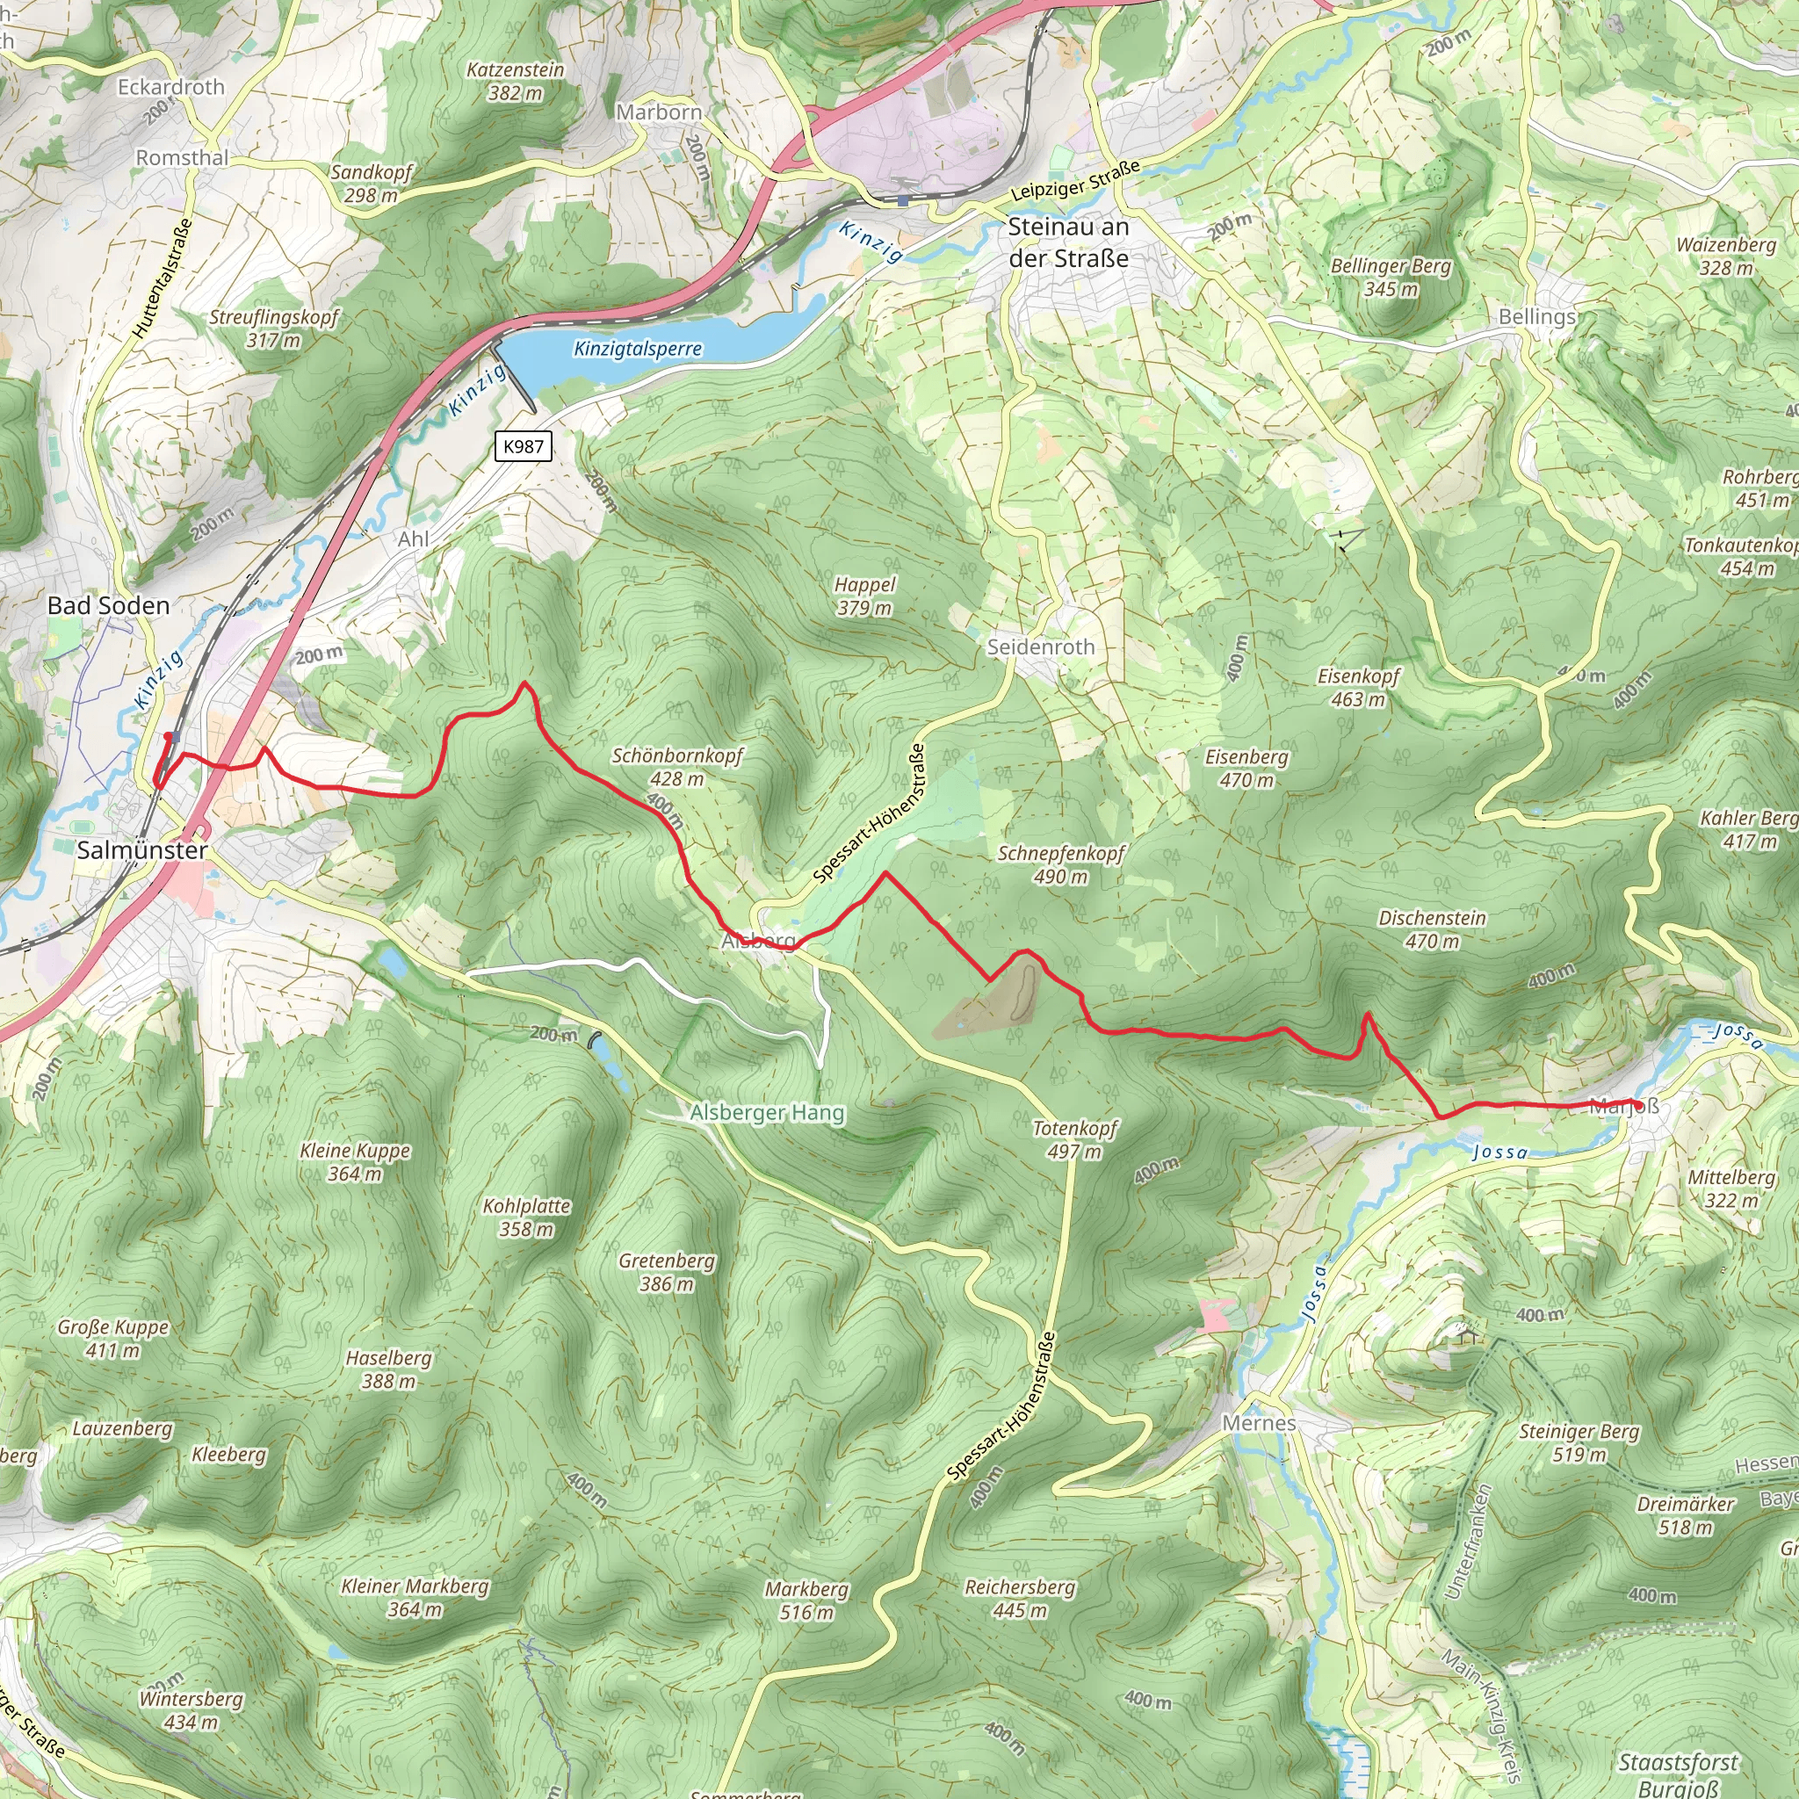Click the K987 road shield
pos(523,446)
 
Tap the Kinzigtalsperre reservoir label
pos(638,350)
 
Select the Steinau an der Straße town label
pos(1068,242)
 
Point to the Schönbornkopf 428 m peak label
pos(677,766)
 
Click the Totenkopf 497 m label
pos(1074,1138)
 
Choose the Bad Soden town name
pos(109,605)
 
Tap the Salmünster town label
pos(141,849)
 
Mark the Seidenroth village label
pos(1040,647)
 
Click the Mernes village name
pos(1259,1423)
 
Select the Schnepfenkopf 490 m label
pos(1061,864)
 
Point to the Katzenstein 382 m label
pos(515,81)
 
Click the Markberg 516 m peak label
pos(806,1600)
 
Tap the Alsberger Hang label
pos(767,1113)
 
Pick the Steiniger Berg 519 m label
pos(1579,1442)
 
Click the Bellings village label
pos(1536,316)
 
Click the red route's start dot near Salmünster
pos(168,736)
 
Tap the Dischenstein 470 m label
pos(1432,929)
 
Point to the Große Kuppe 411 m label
pos(112,1338)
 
